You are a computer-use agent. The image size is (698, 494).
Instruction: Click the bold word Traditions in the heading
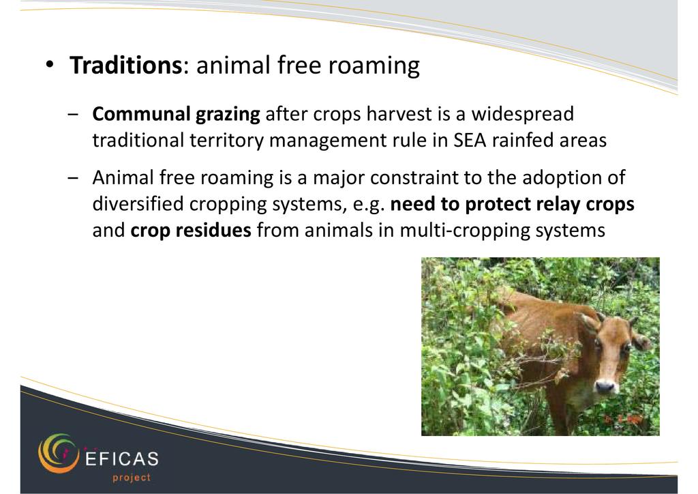point(125,65)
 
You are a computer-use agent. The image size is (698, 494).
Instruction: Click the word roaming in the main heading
point(374,66)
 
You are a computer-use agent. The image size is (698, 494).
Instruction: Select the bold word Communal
point(141,113)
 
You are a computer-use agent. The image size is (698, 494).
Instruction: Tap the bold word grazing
point(228,115)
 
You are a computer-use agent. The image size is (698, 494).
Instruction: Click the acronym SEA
point(470,141)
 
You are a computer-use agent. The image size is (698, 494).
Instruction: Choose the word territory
point(226,141)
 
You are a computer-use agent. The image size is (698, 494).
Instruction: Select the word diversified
point(138,203)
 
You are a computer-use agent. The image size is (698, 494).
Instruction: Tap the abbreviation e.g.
point(369,205)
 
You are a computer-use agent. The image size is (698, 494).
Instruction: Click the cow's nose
point(605,386)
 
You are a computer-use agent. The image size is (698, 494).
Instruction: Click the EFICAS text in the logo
point(121,459)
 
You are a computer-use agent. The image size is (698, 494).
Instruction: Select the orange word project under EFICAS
point(132,478)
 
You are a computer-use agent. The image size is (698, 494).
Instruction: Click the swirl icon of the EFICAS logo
point(59,453)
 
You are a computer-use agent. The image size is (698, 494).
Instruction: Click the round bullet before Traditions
point(49,65)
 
